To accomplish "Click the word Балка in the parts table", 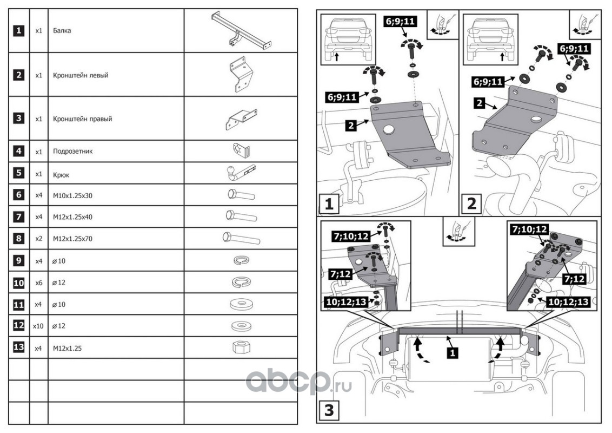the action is click(x=62, y=30).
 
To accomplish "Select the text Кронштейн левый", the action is click(x=81, y=75).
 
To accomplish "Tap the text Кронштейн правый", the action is click(x=82, y=119).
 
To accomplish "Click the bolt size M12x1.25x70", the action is click(x=72, y=239).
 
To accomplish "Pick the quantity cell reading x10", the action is click(x=38, y=326).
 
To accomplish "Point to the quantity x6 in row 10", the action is click(x=38, y=283).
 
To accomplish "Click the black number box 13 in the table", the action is click(x=19, y=347).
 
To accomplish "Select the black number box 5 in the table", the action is click(x=19, y=173).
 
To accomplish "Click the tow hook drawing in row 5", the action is click(x=241, y=173).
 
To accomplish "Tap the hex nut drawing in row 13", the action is click(x=241, y=347).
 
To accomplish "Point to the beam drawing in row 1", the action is click(x=241, y=30).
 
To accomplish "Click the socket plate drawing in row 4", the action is click(x=241, y=150).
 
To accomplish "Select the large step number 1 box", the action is click(x=329, y=204).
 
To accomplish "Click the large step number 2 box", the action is click(x=471, y=204).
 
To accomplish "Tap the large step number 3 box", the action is click(x=329, y=411).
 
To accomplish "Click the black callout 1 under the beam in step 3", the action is click(x=453, y=353).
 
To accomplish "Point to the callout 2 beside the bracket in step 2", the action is click(x=480, y=103).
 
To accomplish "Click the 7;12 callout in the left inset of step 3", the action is click(x=341, y=274).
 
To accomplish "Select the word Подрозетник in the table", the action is click(x=73, y=151).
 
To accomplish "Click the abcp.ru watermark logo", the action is click(x=298, y=381).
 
